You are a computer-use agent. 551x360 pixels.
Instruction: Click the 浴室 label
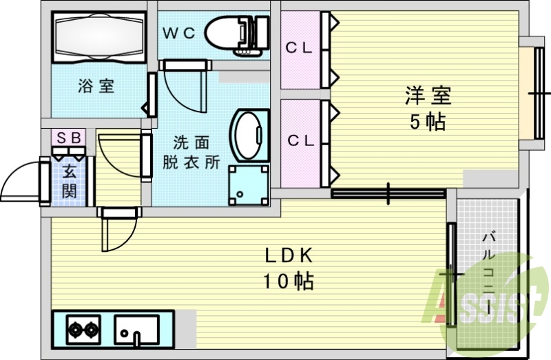(96, 87)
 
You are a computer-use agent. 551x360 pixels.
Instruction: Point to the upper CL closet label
(300, 48)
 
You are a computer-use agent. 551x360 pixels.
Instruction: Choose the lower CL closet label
(300, 141)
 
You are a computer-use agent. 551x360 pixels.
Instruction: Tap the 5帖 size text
(428, 123)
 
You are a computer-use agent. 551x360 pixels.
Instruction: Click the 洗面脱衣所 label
(191, 153)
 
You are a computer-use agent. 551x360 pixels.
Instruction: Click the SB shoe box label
(69, 138)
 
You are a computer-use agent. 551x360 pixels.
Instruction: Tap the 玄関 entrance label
(70, 181)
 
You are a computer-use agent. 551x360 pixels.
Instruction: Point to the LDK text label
(289, 255)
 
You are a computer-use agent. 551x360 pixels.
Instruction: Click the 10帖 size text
(288, 281)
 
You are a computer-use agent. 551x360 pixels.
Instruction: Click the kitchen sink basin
(136, 329)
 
